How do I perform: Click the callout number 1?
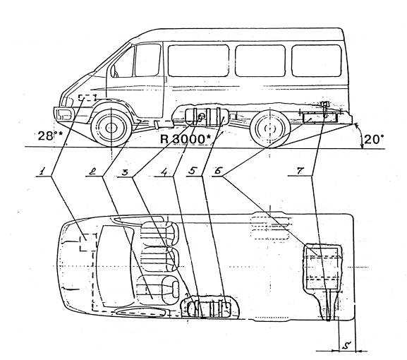(x=42, y=171)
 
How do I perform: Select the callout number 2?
(x=92, y=171)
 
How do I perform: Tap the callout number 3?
(x=125, y=172)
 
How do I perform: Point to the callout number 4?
(x=164, y=172)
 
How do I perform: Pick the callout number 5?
(x=193, y=171)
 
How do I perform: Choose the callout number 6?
(x=217, y=171)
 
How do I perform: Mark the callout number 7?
(x=300, y=171)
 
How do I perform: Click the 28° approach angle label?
(x=50, y=136)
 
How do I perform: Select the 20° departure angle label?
(x=374, y=140)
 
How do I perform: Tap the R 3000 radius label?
(x=186, y=139)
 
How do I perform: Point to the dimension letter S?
(x=346, y=345)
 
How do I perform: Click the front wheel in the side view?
(x=111, y=128)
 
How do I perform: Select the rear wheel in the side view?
(x=270, y=129)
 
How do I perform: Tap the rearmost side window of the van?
(x=317, y=61)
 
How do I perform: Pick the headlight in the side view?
(x=64, y=114)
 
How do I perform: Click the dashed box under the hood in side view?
(x=87, y=97)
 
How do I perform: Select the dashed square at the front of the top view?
(x=88, y=242)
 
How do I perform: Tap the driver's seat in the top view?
(x=158, y=290)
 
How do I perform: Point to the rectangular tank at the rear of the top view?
(x=323, y=267)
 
